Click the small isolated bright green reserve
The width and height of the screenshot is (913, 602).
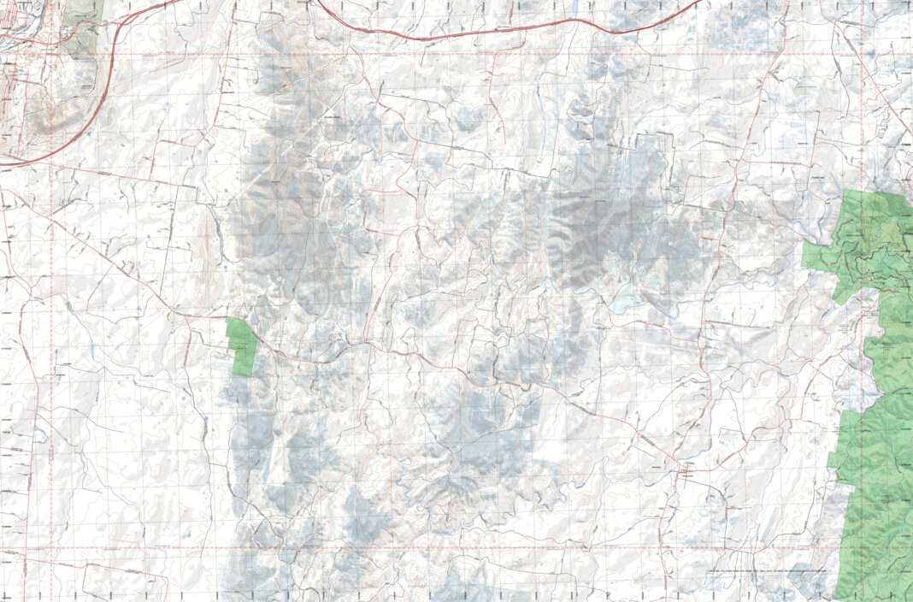pyautogui.click(x=242, y=345)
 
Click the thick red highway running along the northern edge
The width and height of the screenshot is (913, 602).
pyautogui.click(x=513, y=31)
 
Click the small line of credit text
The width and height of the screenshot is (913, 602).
pyautogui.click(x=769, y=570)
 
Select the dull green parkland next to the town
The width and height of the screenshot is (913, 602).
pyautogui.click(x=81, y=26)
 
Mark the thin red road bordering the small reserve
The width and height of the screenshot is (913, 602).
pyautogui.click(x=256, y=343)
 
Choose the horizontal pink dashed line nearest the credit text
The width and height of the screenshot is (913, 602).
pyautogui.click(x=598, y=547)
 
